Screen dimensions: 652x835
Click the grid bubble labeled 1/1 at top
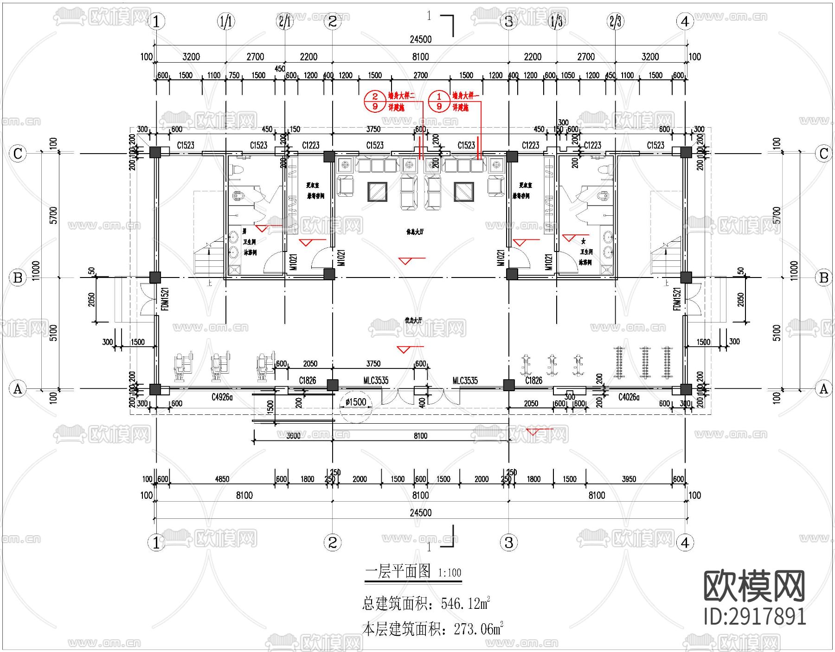pos(226,21)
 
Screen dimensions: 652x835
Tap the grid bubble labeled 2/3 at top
pos(616,21)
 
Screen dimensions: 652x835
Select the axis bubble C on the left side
pos(18,153)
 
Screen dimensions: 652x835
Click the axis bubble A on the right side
pos(824,388)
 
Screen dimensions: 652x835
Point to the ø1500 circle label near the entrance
pos(356,402)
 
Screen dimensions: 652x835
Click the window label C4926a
pos(222,397)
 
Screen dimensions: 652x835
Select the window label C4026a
pos(629,397)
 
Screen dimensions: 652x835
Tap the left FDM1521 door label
pos(165,299)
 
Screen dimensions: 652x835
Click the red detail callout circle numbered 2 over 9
pos(375,101)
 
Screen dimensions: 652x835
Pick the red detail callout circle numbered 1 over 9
pos(439,101)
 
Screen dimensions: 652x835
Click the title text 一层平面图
pos(398,571)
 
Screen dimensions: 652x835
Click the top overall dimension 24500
pos(420,39)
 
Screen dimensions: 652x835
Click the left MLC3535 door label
pos(376,381)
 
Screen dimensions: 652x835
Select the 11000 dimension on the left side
pos(36,271)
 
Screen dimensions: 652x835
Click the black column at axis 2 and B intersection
pos(329,274)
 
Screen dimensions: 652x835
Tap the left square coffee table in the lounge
pos(377,192)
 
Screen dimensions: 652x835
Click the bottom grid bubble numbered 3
pos(508,542)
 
